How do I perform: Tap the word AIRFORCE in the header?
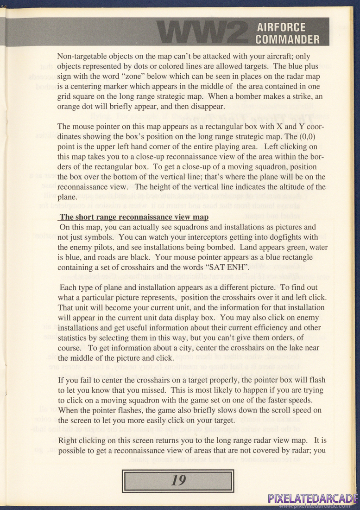(x=281, y=27)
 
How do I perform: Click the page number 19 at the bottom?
(x=178, y=481)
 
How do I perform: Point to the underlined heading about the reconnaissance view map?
(x=134, y=217)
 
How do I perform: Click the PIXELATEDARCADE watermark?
(x=313, y=498)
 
